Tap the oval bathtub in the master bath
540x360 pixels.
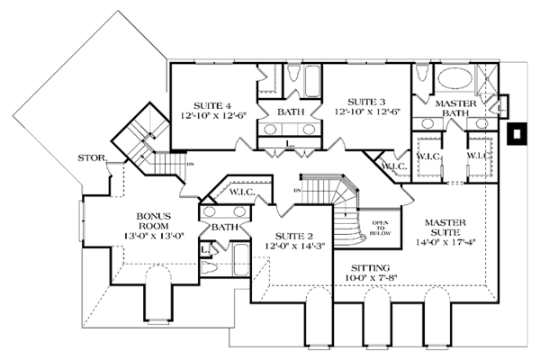tap(446, 76)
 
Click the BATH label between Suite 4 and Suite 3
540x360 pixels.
tap(289, 112)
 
